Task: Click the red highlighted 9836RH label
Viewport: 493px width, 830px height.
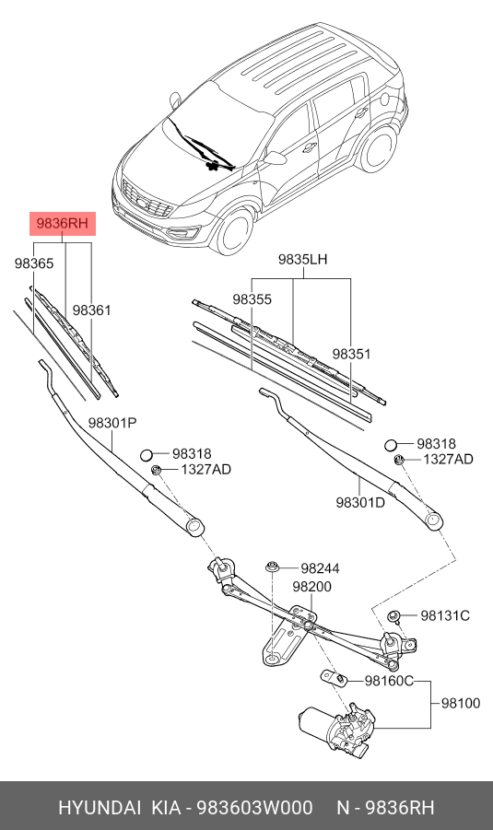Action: pyautogui.click(x=62, y=223)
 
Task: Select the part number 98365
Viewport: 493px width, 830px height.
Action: pyautogui.click(x=34, y=263)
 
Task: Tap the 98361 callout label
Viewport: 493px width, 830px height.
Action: pyautogui.click(x=92, y=311)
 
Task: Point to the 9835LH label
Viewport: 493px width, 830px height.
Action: pyautogui.click(x=303, y=261)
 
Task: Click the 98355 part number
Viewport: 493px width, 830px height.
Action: pyautogui.click(x=252, y=299)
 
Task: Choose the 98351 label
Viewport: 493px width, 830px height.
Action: pyautogui.click(x=351, y=354)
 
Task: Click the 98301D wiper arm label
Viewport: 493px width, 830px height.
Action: pyautogui.click(x=360, y=502)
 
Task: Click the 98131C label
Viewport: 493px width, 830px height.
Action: pyautogui.click(x=446, y=615)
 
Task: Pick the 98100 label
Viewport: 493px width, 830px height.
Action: pyautogui.click(x=461, y=703)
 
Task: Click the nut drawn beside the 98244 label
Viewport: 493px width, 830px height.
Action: pyautogui.click(x=272, y=567)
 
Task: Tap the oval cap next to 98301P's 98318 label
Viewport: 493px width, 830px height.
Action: pyautogui.click(x=147, y=453)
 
